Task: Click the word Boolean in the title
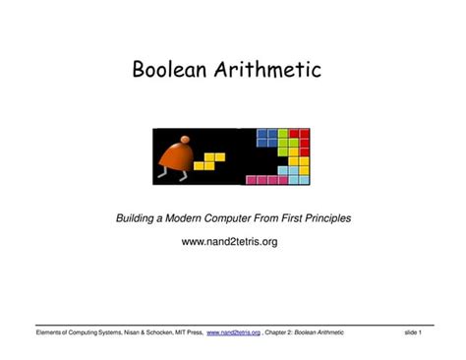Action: tap(172, 71)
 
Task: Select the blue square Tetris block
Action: tap(265, 137)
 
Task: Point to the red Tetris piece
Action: tap(300, 139)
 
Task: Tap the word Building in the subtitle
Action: tap(140, 217)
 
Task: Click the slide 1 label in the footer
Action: tap(413, 333)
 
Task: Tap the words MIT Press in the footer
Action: tap(185, 333)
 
